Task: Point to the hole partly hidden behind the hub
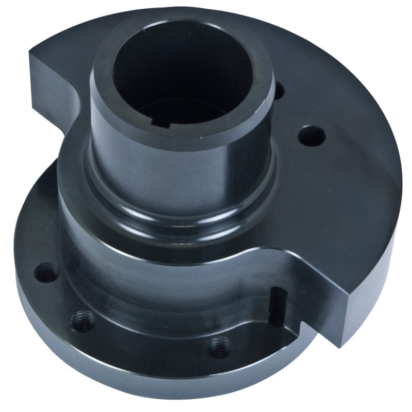coord(279,92)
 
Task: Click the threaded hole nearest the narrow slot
coord(218,346)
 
